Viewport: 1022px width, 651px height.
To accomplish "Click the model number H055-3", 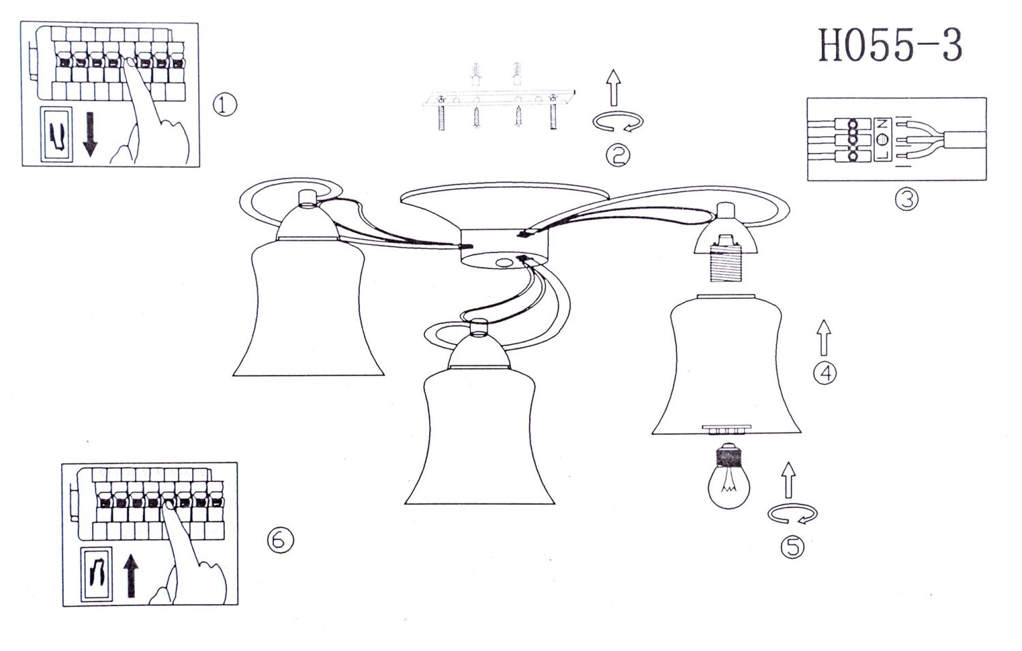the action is tap(890, 45).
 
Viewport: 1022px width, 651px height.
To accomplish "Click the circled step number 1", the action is tap(225, 104).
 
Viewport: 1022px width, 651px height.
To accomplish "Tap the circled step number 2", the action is tap(618, 155).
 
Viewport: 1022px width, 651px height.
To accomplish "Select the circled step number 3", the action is tap(907, 200).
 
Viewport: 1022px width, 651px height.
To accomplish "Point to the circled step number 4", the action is tap(825, 373).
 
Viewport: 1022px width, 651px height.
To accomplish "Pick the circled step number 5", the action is tap(792, 547).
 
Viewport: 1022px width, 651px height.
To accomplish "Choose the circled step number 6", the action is tap(280, 540).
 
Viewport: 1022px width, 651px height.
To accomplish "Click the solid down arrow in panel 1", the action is tap(90, 134).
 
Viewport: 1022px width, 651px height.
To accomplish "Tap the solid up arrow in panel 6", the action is tap(131, 575).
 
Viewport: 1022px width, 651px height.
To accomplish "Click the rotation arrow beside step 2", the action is tap(618, 121).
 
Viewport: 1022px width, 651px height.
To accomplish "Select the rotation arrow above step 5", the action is tap(792, 514).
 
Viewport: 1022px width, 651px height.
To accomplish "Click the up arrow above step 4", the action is tap(824, 337).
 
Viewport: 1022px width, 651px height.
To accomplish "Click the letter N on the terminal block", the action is tap(882, 123).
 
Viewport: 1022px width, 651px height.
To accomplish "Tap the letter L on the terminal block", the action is tap(882, 155).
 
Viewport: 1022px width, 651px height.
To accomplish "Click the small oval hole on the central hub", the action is tap(504, 263).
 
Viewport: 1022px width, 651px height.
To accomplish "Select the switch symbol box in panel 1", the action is tap(57, 134).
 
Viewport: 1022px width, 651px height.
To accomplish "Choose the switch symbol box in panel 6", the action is tap(96, 574).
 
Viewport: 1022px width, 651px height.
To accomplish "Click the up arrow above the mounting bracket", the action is tap(614, 88).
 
